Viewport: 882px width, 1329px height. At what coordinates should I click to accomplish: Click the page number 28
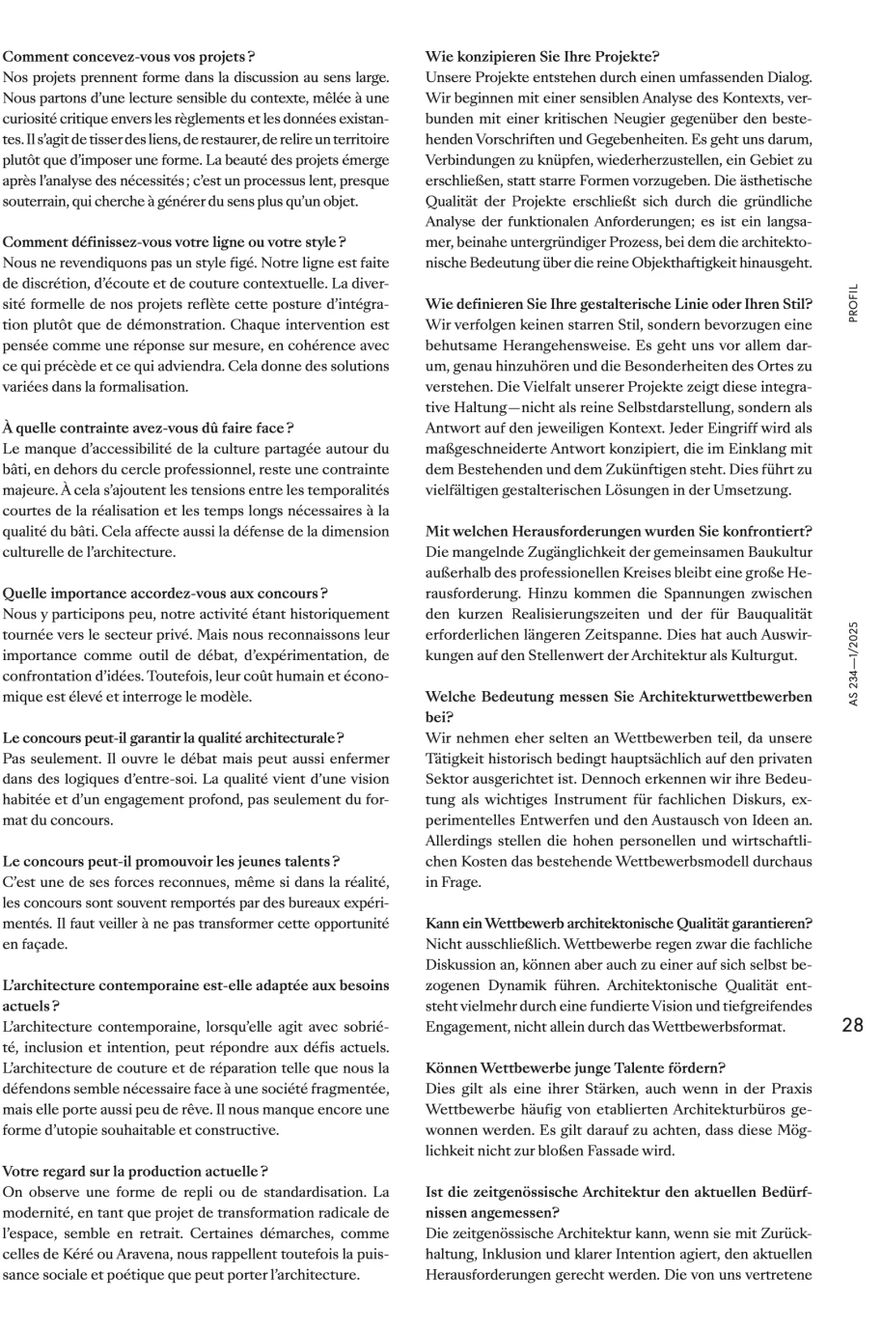[x=852, y=1025]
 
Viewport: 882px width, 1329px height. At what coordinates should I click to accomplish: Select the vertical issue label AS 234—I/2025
[x=853, y=664]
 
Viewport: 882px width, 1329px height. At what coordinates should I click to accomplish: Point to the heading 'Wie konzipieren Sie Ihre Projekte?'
[x=542, y=57]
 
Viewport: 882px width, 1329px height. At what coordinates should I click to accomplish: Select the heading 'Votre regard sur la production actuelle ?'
[x=135, y=1172]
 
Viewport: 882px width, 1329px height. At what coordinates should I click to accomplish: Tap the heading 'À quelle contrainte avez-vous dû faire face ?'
[x=149, y=428]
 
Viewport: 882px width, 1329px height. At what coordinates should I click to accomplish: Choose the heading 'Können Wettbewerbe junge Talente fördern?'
[x=575, y=1067]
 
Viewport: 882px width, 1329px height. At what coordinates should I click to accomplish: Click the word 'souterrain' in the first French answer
[x=35, y=201]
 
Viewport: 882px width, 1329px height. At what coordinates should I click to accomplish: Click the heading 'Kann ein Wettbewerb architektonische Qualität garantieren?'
[x=619, y=924]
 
